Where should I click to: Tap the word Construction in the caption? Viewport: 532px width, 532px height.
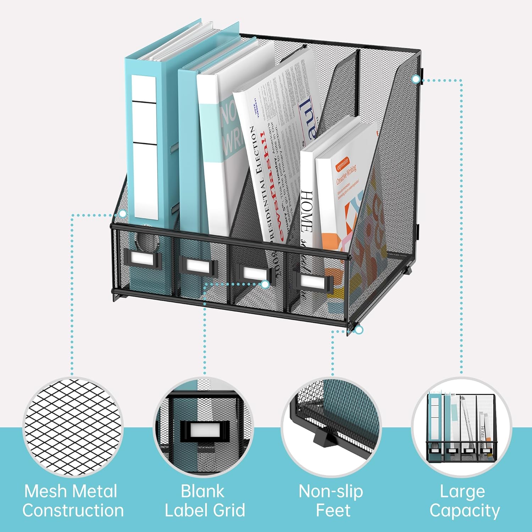(x=73, y=511)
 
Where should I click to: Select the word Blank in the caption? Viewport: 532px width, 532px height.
(x=203, y=492)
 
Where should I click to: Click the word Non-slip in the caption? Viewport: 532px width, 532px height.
(x=331, y=492)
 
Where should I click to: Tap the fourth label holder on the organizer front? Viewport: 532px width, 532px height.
(x=312, y=282)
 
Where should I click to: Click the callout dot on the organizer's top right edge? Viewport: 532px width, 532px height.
(x=416, y=79)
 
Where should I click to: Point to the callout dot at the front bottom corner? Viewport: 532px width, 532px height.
(x=359, y=330)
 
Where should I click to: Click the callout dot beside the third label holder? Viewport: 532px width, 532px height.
(x=265, y=284)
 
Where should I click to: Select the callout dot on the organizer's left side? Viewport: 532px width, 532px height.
(x=123, y=214)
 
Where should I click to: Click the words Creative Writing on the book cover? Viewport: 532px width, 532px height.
(x=346, y=175)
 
